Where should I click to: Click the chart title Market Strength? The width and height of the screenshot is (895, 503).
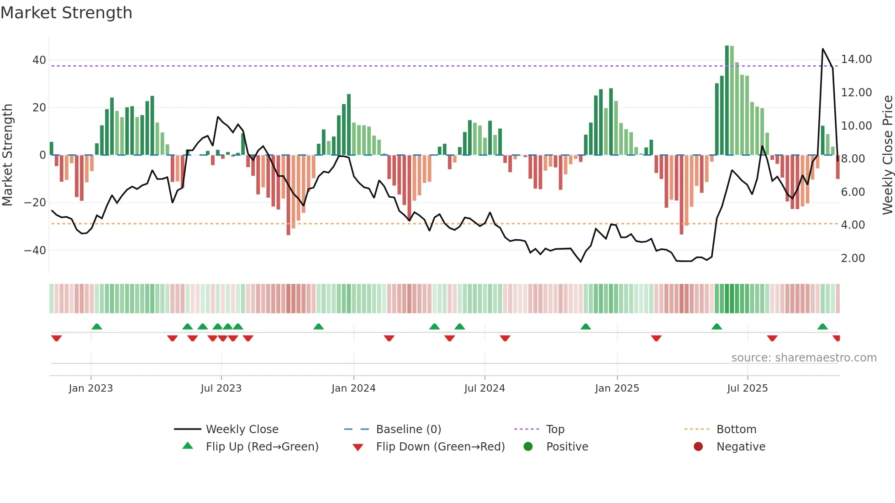(66, 13)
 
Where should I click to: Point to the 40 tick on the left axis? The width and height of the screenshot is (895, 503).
(39, 60)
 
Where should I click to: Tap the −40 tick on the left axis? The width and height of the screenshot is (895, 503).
(35, 250)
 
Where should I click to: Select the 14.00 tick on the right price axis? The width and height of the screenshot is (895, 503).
(856, 59)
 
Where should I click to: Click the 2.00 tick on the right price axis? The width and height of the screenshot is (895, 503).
(853, 258)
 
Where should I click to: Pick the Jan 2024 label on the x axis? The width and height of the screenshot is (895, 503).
(353, 388)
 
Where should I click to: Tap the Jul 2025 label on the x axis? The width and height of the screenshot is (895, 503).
(747, 388)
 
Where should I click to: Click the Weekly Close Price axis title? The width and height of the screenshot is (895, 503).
(887, 155)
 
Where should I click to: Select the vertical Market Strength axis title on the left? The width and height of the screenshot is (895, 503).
(8, 155)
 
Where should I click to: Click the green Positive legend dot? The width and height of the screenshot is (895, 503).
(528, 447)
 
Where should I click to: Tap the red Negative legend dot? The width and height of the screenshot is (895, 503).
(698, 447)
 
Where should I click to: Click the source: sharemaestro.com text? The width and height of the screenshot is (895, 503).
(804, 358)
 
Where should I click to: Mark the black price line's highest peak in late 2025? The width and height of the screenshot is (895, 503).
(823, 49)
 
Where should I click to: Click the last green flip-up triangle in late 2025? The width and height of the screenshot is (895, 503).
(822, 327)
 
